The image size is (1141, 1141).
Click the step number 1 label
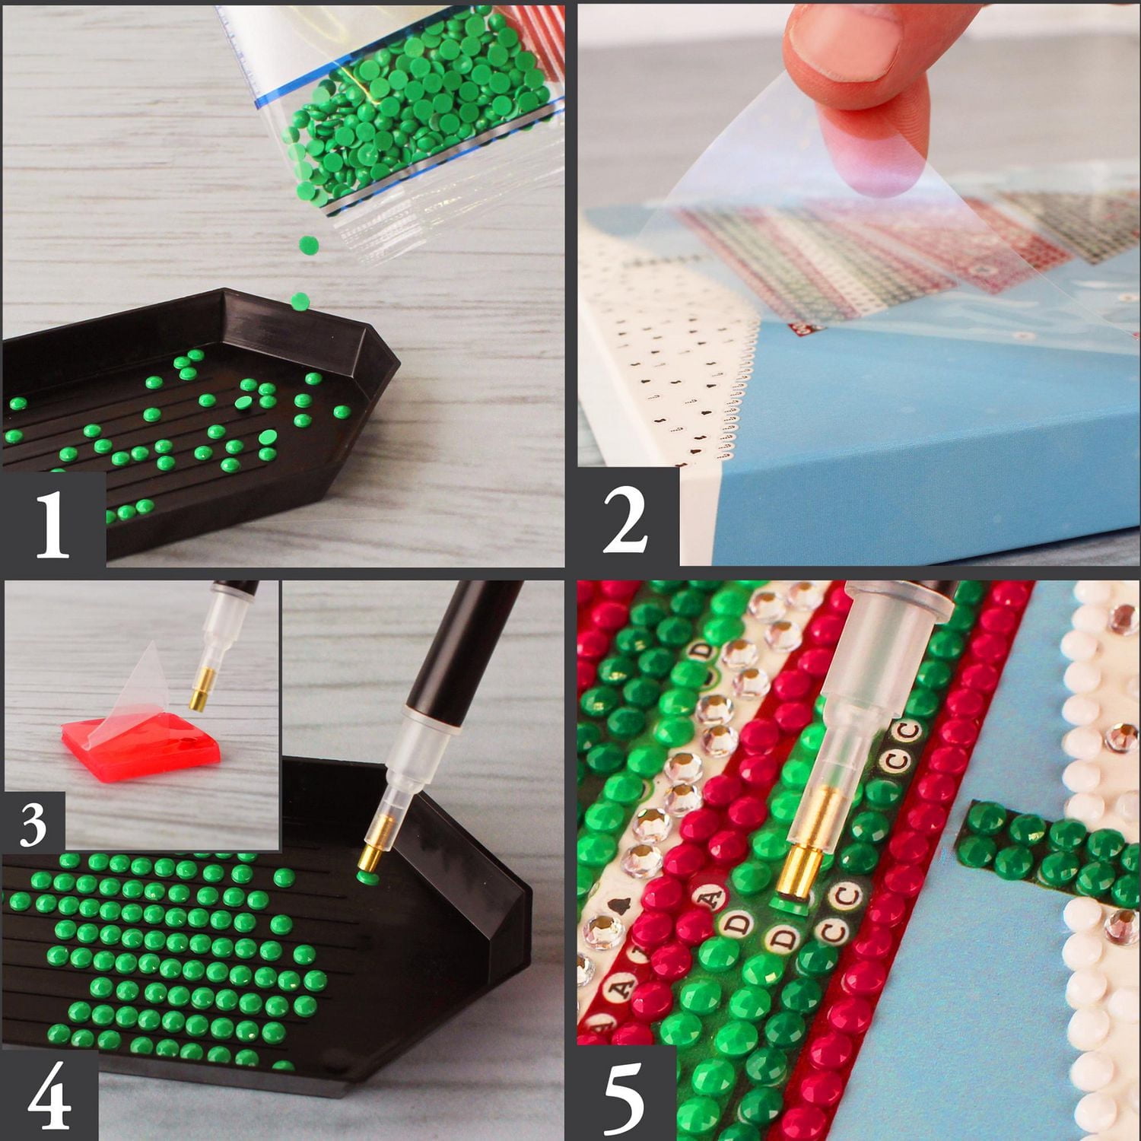click(52, 523)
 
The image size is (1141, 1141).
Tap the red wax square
click(141, 742)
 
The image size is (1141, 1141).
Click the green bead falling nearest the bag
click(308, 245)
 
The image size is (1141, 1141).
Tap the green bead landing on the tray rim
click(300, 301)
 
